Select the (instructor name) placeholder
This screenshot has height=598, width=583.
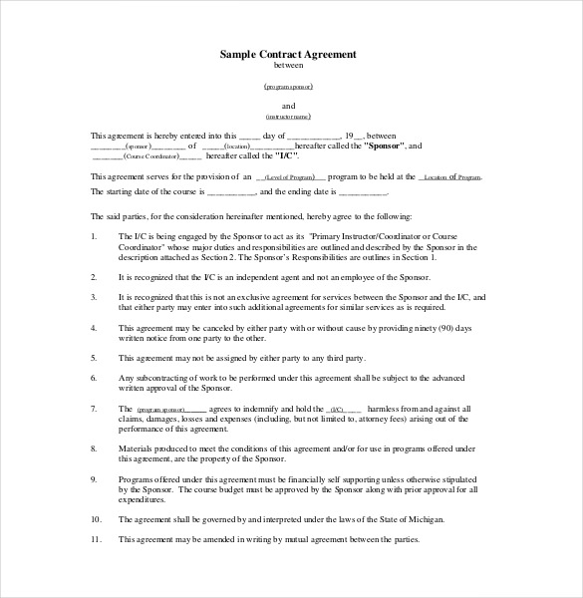288,117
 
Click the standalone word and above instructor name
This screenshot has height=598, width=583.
288,105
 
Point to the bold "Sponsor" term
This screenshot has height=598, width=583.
384,146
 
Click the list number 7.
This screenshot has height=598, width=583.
93,408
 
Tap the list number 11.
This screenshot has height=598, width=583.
95,539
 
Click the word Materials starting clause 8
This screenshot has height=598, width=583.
139,448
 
